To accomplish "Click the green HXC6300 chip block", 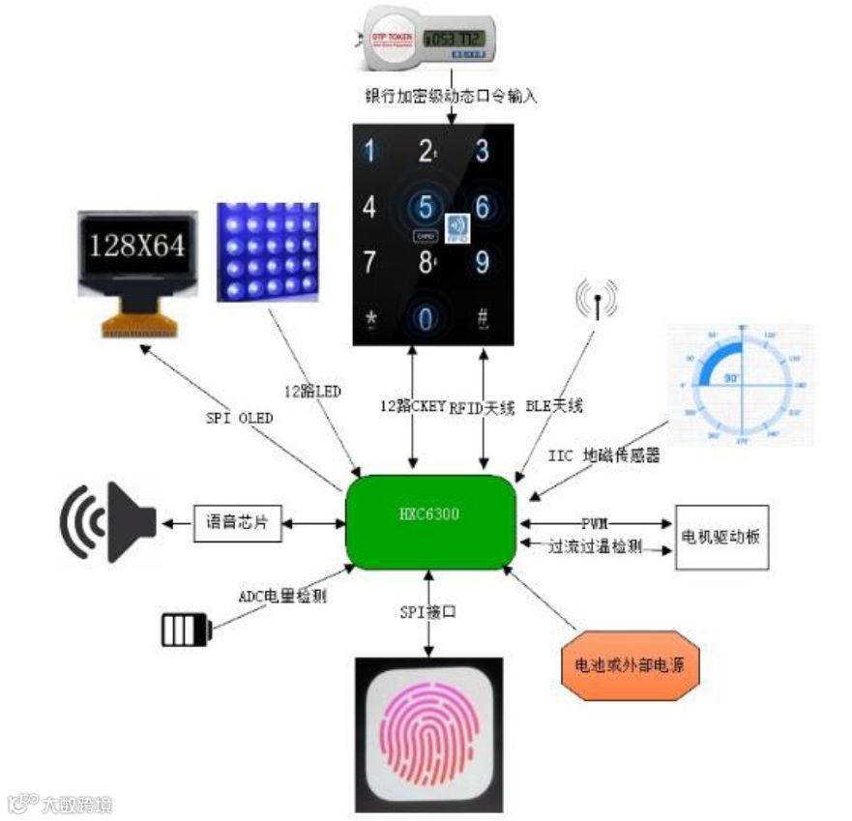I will coord(432,522).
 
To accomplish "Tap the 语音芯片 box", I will coord(237,523).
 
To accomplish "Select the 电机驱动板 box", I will coord(721,537).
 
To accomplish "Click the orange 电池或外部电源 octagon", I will coord(629,665).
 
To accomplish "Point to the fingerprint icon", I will coord(428,734).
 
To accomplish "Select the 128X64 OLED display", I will coord(137,269).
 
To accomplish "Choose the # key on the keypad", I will coord(482,317).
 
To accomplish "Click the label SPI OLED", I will coord(239,418).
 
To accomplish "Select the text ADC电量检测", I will coord(282,596).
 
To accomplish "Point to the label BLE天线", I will coord(554,406).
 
